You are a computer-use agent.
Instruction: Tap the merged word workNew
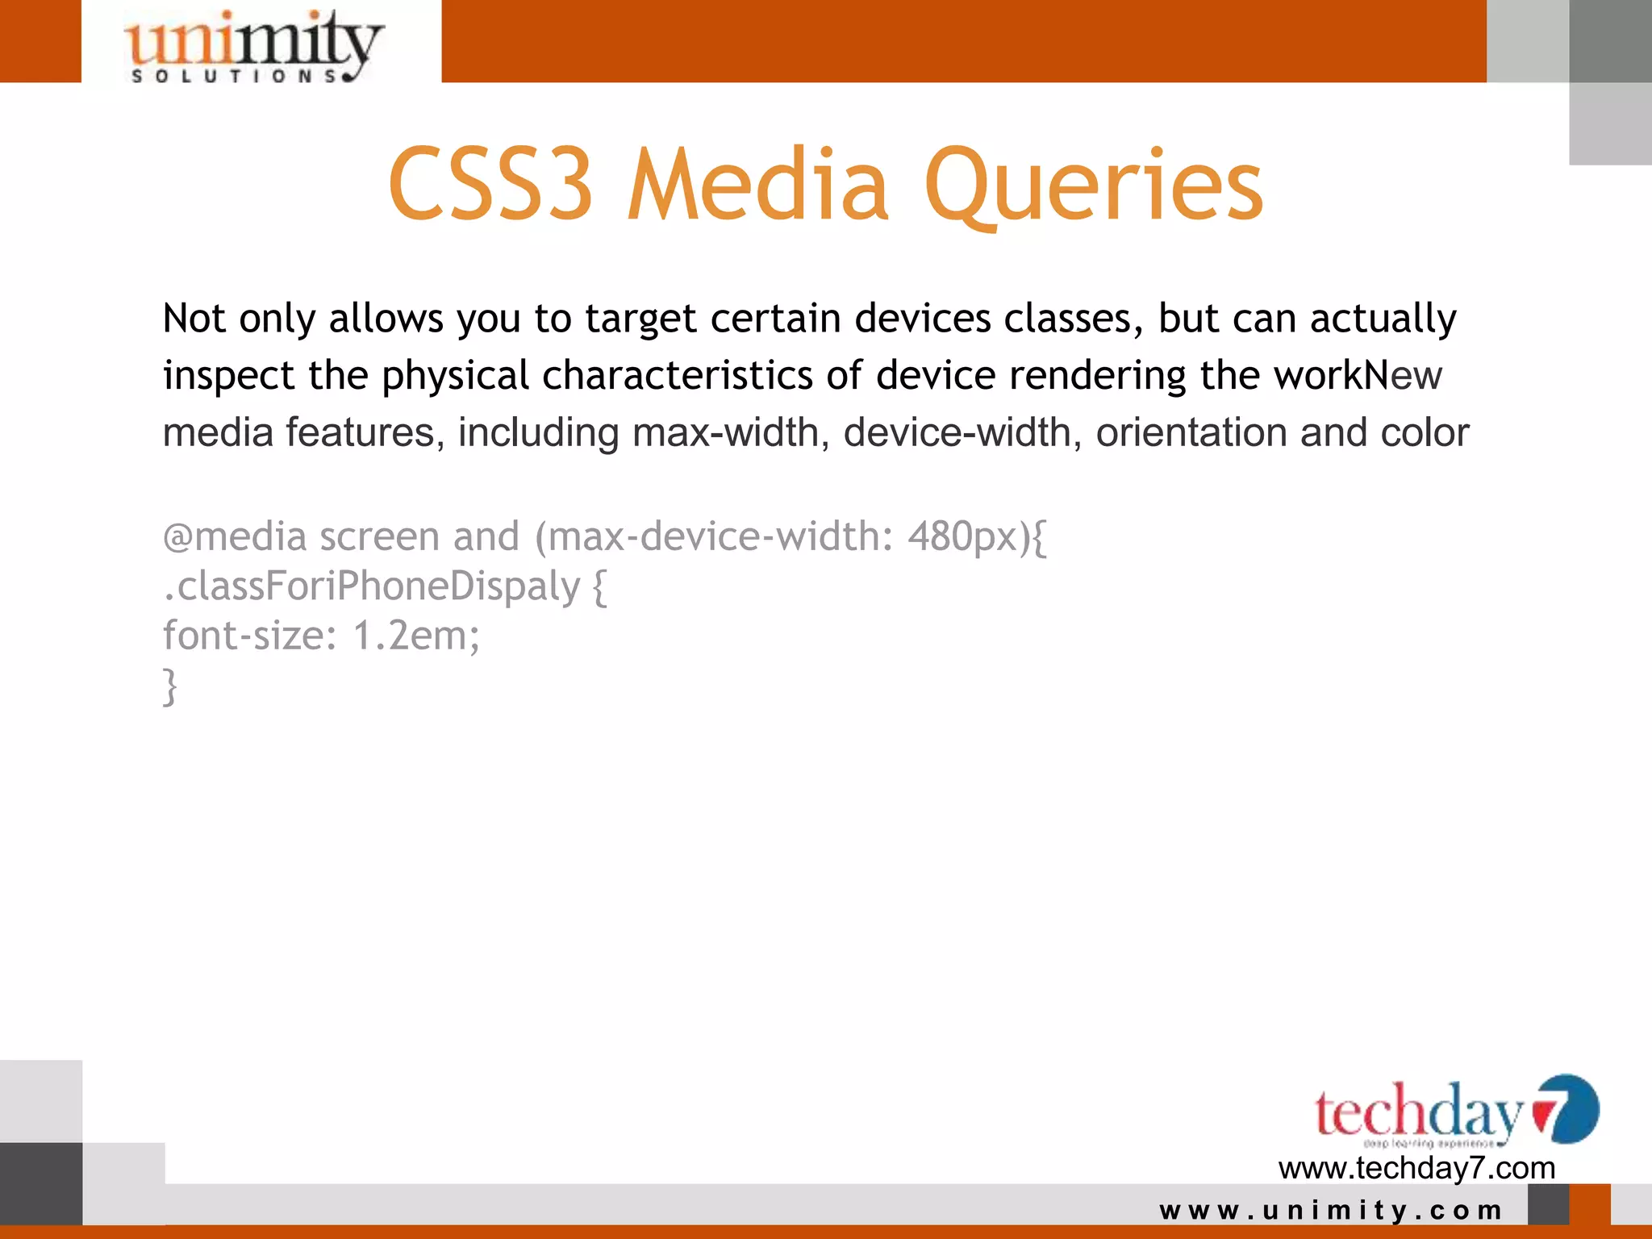point(1358,376)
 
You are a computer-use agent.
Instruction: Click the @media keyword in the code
point(235,537)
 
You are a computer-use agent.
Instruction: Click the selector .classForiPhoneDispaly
point(371,586)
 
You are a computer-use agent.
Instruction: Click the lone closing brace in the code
point(169,686)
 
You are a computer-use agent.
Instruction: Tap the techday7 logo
point(1455,1112)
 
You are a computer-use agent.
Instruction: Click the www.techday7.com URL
point(1416,1168)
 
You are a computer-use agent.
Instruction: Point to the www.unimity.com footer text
point(1331,1210)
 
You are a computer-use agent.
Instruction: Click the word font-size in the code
point(243,636)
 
